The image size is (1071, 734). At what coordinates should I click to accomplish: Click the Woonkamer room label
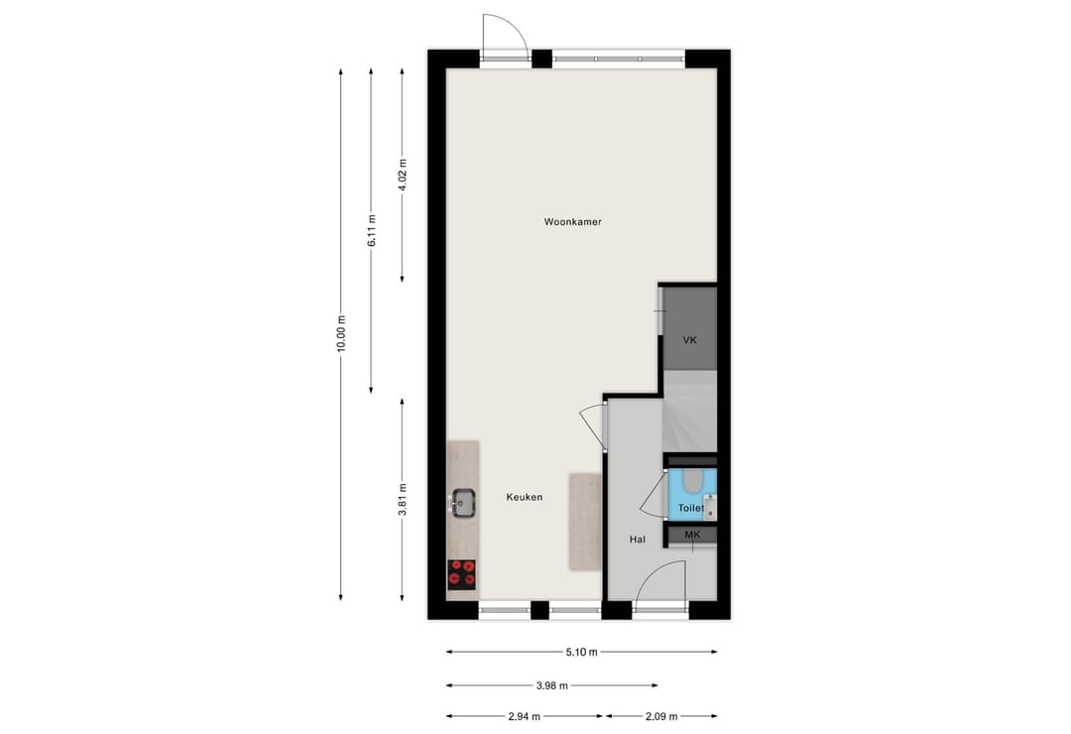572,222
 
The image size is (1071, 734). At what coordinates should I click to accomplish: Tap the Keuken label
524,497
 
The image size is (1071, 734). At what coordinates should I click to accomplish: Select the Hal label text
638,540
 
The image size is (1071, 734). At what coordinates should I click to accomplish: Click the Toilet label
690,508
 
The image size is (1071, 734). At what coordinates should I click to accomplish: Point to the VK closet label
690,340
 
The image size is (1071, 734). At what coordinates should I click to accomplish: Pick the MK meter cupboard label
692,535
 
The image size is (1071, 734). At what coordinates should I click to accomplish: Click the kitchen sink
462,503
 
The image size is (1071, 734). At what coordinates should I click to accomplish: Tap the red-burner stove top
461,574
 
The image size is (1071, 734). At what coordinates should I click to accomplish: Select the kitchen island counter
584,522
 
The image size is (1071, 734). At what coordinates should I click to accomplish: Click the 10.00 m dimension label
340,333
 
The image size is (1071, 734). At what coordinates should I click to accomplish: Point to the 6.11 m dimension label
371,230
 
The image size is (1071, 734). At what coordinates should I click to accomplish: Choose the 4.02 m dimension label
402,176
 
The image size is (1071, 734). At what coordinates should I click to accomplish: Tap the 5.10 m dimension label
581,652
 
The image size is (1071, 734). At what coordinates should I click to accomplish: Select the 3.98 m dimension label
551,684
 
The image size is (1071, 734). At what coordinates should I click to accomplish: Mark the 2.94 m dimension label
524,716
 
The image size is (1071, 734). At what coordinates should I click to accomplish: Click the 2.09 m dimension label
661,716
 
